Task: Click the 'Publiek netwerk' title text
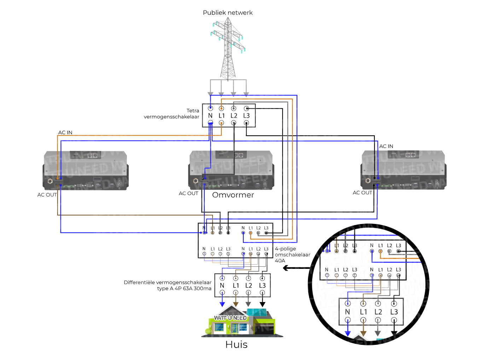click(x=228, y=13)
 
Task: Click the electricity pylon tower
click(x=228, y=49)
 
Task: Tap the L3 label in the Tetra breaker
click(x=246, y=116)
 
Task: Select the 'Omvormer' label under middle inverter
click(x=233, y=195)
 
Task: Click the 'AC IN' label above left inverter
click(x=65, y=132)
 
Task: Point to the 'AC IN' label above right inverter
click(x=386, y=146)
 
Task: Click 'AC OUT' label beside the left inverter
click(x=47, y=195)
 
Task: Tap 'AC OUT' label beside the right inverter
click(x=362, y=193)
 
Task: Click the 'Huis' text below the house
click(x=236, y=344)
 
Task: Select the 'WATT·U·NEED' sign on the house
click(x=230, y=318)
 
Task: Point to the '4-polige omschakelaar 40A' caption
click(x=292, y=254)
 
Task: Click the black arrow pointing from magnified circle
click(x=287, y=268)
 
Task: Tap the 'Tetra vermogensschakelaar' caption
click(x=172, y=114)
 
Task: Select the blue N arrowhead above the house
click(x=222, y=304)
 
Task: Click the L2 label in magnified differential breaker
click(x=378, y=312)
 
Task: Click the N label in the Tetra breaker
click(x=210, y=116)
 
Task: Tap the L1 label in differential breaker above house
click(x=236, y=285)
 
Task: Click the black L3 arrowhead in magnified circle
click(x=394, y=333)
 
